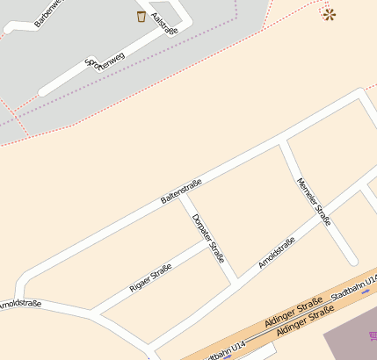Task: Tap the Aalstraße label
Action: (x=164, y=23)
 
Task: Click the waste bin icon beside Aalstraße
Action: (x=141, y=16)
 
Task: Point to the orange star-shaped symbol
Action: (x=329, y=14)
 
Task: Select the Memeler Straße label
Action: (x=314, y=202)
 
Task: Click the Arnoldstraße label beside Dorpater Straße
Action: (x=277, y=253)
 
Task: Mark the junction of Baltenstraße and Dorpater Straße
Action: (x=181, y=194)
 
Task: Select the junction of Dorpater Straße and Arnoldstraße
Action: (x=236, y=279)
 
